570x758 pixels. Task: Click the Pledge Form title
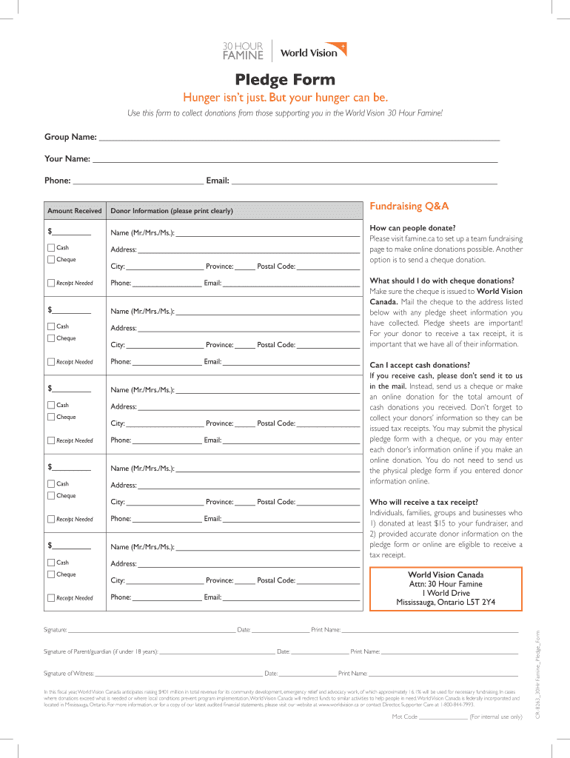pos(285,79)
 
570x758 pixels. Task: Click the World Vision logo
pos(309,51)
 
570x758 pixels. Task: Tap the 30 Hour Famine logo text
pos(243,51)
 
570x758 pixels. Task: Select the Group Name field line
pos(299,138)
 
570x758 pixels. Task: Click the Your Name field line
pos(294,160)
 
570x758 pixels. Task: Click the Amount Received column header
pos(75,211)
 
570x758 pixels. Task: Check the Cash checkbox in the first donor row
pos(50,247)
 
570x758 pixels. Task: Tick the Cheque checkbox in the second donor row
pos(50,338)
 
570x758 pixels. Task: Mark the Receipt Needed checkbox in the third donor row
pos(50,440)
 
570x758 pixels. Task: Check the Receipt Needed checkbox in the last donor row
pos(50,598)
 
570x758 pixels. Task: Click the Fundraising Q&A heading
pos(409,206)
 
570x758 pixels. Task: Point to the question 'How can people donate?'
pos(412,228)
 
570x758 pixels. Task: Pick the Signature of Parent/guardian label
pos(101,651)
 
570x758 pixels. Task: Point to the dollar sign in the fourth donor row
pos(50,467)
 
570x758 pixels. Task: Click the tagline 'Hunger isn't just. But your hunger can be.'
pos(285,98)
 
